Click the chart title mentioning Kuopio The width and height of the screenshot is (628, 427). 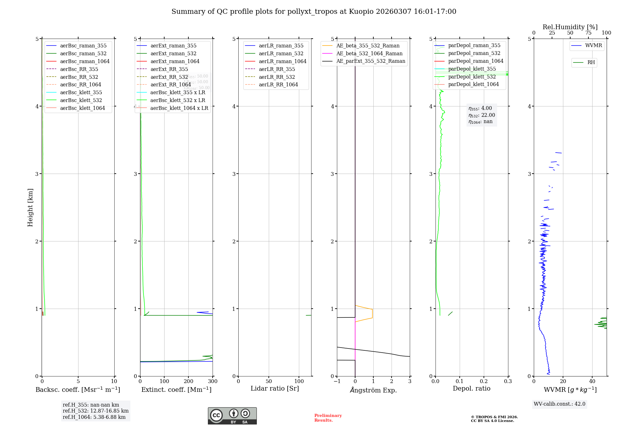pos(314,12)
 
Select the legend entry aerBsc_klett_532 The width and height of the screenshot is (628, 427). pos(81,100)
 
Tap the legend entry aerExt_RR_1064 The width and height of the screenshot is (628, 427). pos(171,84)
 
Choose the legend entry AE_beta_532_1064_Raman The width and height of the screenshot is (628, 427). pos(369,53)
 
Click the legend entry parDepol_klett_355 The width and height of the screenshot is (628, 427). pos(472,69)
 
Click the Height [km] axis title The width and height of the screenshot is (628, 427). pos(30,208)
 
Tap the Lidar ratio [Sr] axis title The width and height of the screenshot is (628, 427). pos(275,388)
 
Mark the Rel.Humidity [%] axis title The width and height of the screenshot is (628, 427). pos(570,27)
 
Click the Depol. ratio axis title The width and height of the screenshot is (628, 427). pos(471,388)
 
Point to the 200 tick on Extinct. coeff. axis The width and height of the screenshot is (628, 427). pos(188,381)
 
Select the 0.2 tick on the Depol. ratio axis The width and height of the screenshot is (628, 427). pos(484,381)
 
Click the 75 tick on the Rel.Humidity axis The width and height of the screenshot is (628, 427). pos(588,33)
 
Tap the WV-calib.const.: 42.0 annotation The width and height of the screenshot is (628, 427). pos(560,404)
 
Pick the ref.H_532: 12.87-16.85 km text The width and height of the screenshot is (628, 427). pos(95,411)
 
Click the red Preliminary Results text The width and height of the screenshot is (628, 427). pos(328,418)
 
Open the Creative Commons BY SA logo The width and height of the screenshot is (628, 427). pos(232,416)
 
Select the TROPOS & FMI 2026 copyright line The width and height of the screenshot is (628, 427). pos(494,417)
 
